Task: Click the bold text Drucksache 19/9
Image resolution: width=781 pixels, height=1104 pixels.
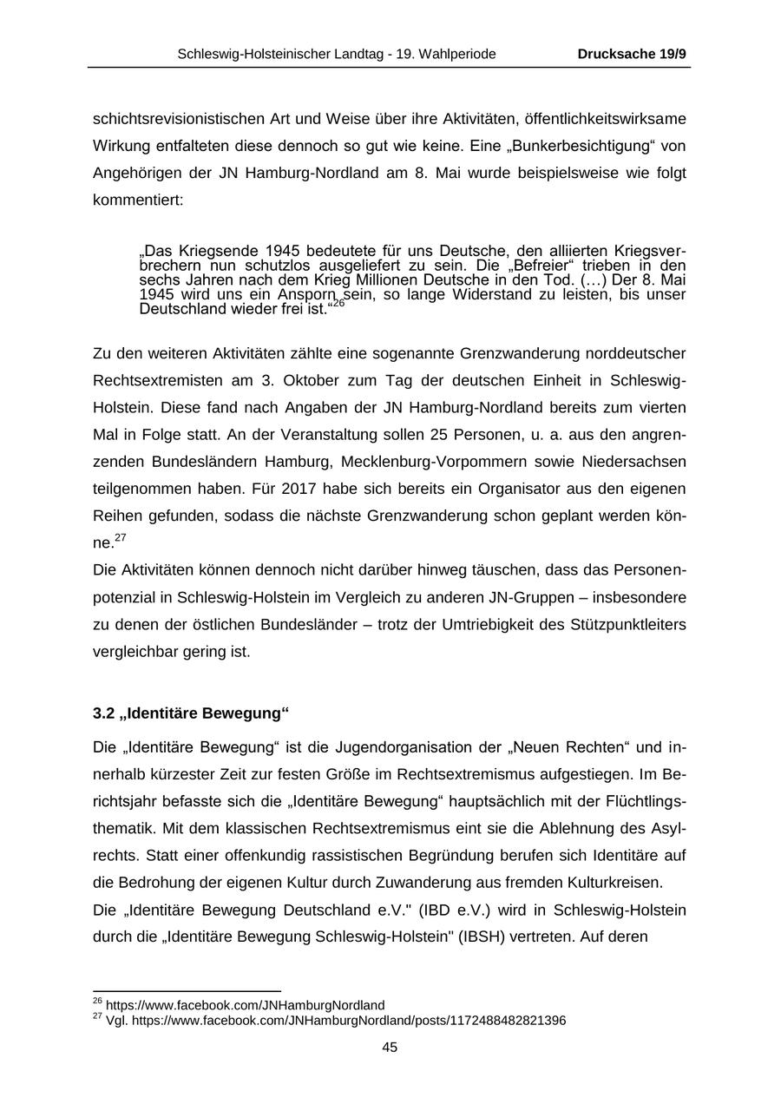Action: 632,54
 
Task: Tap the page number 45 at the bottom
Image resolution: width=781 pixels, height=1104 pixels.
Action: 390,1048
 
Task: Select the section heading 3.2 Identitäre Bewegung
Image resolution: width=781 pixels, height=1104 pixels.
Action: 190,713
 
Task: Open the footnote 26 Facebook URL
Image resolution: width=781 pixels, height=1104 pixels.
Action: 245,1005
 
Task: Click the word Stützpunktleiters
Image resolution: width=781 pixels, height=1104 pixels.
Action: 622,625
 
